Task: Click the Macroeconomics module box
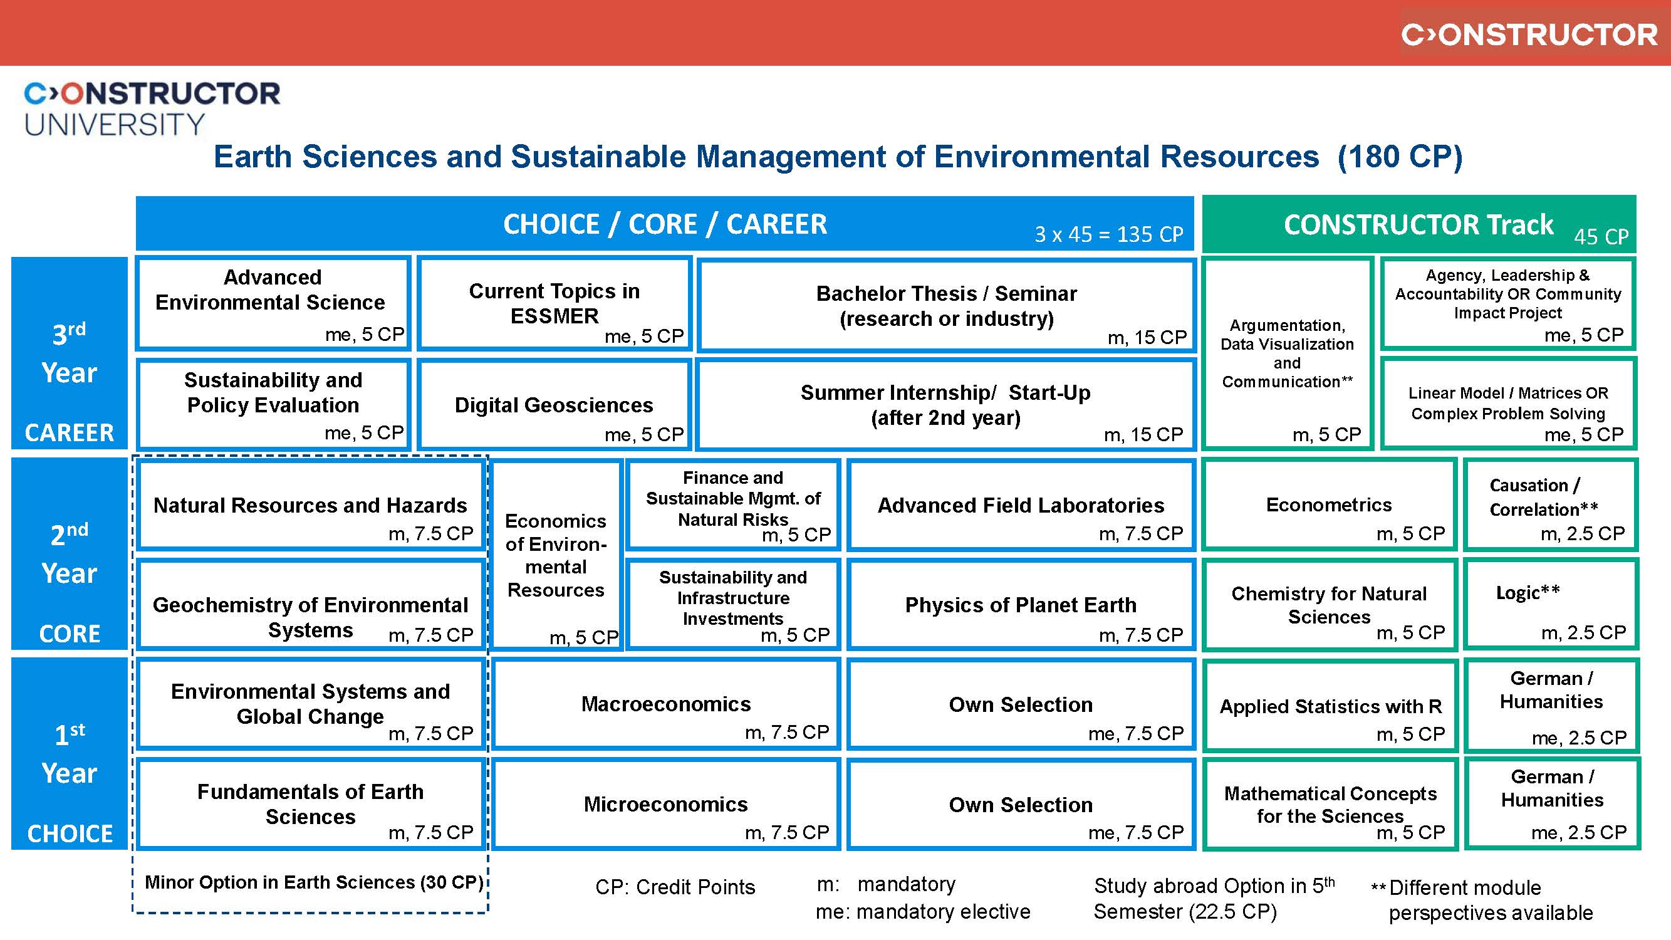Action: click(x=665, y=704)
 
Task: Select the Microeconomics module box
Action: click(x=665, y=805)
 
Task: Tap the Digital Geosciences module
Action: click(x=554, y=405)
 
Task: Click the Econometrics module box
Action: click(x=1329, y=505)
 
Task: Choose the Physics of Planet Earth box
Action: click(x=1021, y=605)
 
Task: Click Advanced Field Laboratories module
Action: click(x=1021, y=505)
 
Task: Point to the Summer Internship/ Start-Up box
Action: click(x=946, y=405)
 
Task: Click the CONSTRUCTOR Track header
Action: click(x=1419, y=224)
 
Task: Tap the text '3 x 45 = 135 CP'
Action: click(x=1108, y=234)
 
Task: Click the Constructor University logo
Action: click(x=151, y=108)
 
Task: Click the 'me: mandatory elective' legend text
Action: click(x=923, y=912)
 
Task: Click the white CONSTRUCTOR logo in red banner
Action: click(x=1529, y=34)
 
